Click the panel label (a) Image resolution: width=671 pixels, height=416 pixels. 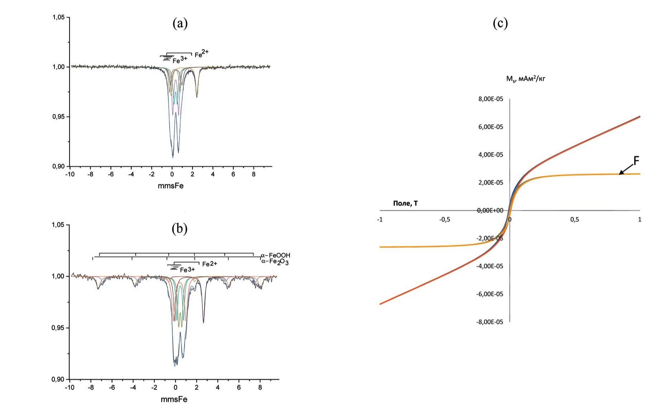pyautogui.click(x=180, y=24)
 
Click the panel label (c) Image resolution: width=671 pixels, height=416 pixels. pyautogui.click(x=500, y=24)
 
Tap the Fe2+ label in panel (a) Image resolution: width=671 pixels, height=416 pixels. pyautogui.click(x=202, y=54)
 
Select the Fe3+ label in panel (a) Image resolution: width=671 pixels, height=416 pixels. pyautogui.click(x=180, y=60)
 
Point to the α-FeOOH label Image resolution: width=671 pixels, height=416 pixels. pyautogui.click(x=275, y=255)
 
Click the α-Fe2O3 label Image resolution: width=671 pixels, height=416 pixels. pyautogui.click(x=275, y=262)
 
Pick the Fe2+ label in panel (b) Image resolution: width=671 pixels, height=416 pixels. pyautogui.click(x=210, y=264)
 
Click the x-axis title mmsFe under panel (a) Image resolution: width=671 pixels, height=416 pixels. pyautogui.click(x=171, y=186)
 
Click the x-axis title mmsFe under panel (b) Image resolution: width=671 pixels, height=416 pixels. pyautogui.click(x=174, y=399)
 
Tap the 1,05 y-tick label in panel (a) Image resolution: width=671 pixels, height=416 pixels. pyautogui.click(x=59, y=17)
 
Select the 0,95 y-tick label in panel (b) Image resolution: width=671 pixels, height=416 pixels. pyautogui.click(x=59, y=328)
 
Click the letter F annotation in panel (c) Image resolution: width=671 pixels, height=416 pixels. pyautogui.click(x=636, y=161)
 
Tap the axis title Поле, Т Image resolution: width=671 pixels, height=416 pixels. pyautogui.click(x=405, y=203)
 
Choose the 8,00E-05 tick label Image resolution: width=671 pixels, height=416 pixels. pyautogui.click(x=490, y=99)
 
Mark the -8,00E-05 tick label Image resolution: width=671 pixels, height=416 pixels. pyautogui.click(x=489, y=322)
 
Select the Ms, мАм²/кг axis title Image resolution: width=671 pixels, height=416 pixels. pyautogui.click(x=526, y=79)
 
